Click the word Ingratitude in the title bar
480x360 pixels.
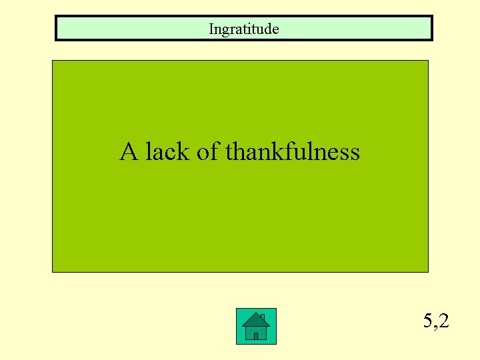pyautogui.click(x=243, y=29)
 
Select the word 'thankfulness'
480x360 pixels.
pyautogui.click(x=293, y=152)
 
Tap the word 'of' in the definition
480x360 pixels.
pyautogui.click(x=207, y=152)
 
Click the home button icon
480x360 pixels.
pyautogui.click(x=255, y=327)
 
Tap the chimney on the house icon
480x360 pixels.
pyautogui.click(x=263, y=317)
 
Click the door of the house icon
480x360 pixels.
pyautogui.click(x=255, y=336)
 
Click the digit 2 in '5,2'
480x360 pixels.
pyautogui.click(x=444, y=321)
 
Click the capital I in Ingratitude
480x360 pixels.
pyautogui.click(x=211, y=29)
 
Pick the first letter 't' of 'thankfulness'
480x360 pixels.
pyautogui.click(x=229, y=153)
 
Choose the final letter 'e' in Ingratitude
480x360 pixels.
pyautogui.click(x=275, y=29)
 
